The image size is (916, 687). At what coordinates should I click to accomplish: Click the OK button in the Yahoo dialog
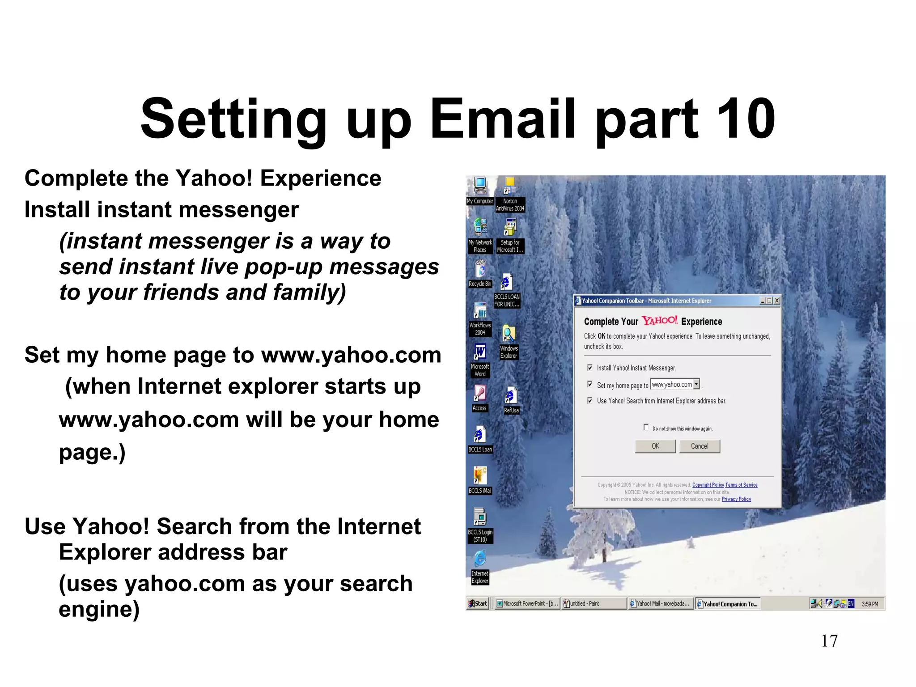point(655,446)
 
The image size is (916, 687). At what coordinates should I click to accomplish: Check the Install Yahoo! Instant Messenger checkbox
point(590,368)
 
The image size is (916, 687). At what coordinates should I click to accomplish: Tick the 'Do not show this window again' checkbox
point(646,427)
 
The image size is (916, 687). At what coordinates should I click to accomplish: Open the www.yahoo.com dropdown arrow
point(696,384)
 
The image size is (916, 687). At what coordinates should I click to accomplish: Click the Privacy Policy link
point(736,499)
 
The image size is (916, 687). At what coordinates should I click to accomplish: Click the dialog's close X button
point(777,301)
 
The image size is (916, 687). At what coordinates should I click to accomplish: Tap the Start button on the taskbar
point(478,604)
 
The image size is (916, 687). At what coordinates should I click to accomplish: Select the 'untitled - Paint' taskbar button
point(593,604)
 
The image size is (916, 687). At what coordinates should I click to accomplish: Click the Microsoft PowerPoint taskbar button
point(527,604)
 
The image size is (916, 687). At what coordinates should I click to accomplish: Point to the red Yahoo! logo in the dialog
point(660,321)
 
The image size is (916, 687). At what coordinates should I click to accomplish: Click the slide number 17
point(829,641)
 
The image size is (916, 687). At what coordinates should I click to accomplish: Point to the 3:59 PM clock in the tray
point(870,604)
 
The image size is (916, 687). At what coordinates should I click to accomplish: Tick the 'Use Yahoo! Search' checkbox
point(590,401)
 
